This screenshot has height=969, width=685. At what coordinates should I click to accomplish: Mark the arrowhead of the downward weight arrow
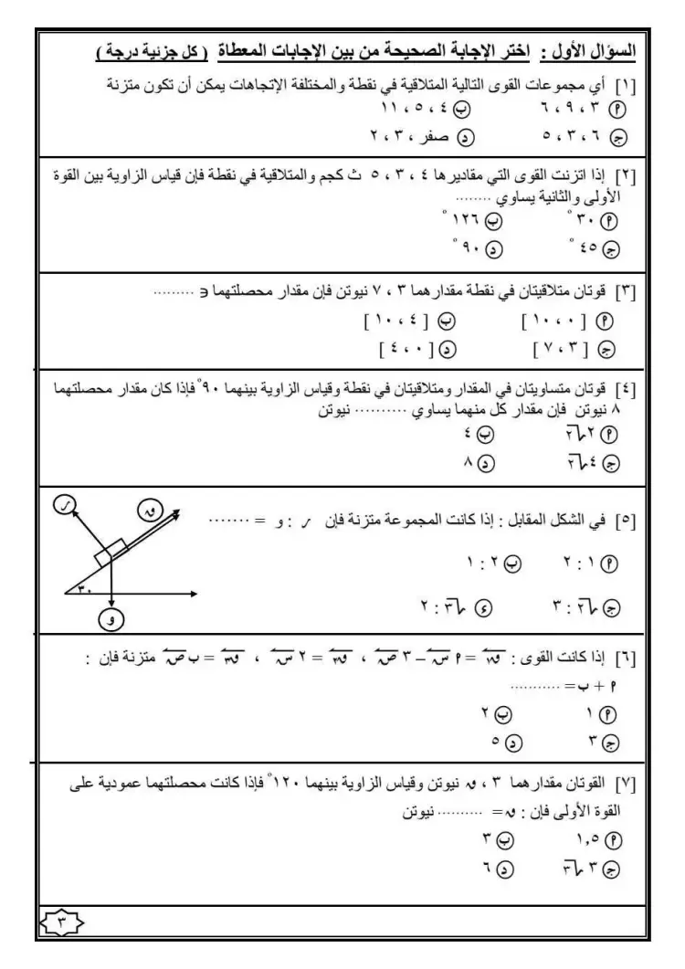pos(111,604)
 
